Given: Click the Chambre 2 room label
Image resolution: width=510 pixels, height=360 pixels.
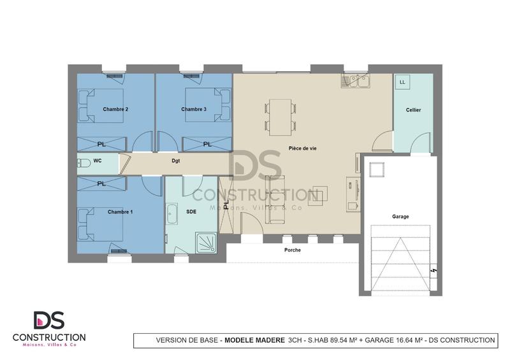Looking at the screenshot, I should coord(115,110).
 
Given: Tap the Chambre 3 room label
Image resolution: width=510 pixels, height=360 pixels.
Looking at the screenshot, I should coord(194,110).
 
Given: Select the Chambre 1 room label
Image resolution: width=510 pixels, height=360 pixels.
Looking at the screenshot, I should coord(120,212).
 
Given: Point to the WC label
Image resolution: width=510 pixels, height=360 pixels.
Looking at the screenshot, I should coord(98,161).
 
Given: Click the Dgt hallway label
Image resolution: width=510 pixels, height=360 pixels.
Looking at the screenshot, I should coord(175,161).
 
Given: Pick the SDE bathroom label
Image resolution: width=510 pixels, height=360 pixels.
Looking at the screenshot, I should coord(191,211).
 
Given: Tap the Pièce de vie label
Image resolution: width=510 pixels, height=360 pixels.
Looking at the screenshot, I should coord(302,148).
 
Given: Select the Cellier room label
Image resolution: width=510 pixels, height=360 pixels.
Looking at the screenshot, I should coord(413,110).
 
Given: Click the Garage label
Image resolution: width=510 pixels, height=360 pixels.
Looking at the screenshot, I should coord(400,217).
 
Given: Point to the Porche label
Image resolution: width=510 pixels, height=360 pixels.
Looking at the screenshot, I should coord(292,250).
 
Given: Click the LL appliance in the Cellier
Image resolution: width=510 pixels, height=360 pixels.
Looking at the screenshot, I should coord(403,83).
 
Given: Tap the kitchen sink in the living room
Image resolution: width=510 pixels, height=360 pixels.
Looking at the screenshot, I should coord(356,82).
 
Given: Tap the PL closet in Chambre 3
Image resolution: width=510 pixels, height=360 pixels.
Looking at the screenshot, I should coord(207,145).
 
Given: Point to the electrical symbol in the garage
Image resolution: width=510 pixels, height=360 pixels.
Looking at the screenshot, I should coord(433,271).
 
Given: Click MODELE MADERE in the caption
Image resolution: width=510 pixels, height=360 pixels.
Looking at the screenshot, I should coord(254,341).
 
